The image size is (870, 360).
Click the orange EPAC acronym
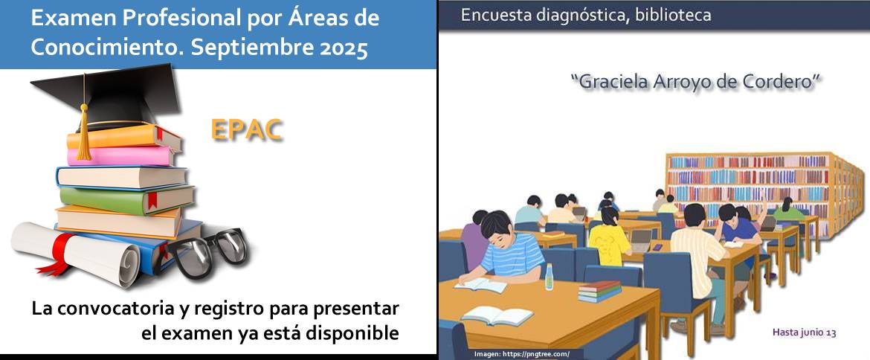247,130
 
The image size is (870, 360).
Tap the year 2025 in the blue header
344,48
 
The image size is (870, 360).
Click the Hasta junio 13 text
804,332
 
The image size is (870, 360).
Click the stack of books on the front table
599,292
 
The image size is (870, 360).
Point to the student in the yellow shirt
609,236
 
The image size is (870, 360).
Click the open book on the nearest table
497,316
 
